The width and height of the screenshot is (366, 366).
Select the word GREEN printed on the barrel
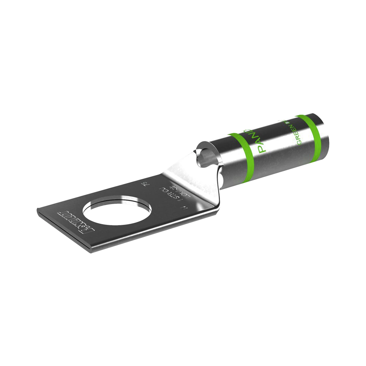point(292,134)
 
